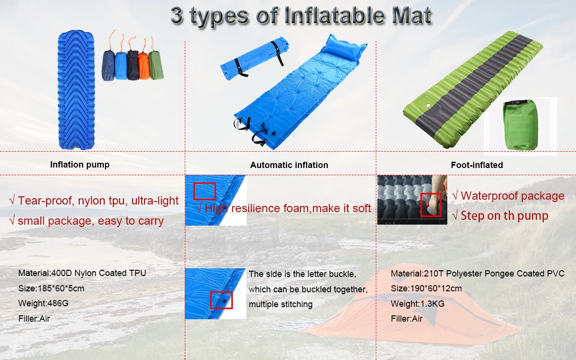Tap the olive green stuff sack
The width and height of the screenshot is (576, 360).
coord(156,65)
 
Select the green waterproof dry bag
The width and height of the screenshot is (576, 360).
coord(520,125)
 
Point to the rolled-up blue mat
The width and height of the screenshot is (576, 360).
coord(255,58)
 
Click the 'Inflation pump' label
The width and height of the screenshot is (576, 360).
coord(80,165)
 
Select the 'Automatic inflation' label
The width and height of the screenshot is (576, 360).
coord(289,165)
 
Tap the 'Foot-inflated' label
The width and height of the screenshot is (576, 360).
coord(477,165)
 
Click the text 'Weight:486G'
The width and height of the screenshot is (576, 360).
coord(44,303)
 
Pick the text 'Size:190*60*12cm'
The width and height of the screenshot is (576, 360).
coord(426,288)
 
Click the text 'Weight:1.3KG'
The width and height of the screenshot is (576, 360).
coord(418,304)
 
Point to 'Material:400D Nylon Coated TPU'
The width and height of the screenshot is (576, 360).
coord(82,273)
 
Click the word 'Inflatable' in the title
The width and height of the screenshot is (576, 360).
coord(335,15)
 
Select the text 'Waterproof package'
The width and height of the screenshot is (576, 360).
coord(513,196)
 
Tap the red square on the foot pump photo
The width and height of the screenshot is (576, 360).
coord(431,205)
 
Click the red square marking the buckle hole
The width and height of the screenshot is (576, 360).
coord(221,300)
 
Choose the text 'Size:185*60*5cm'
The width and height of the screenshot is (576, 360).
coord(51,288)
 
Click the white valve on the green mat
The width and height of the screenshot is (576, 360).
coord(428,106)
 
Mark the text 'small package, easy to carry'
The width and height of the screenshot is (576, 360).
coord(91,221)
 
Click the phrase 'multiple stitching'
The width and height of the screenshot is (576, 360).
coord(280,304)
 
